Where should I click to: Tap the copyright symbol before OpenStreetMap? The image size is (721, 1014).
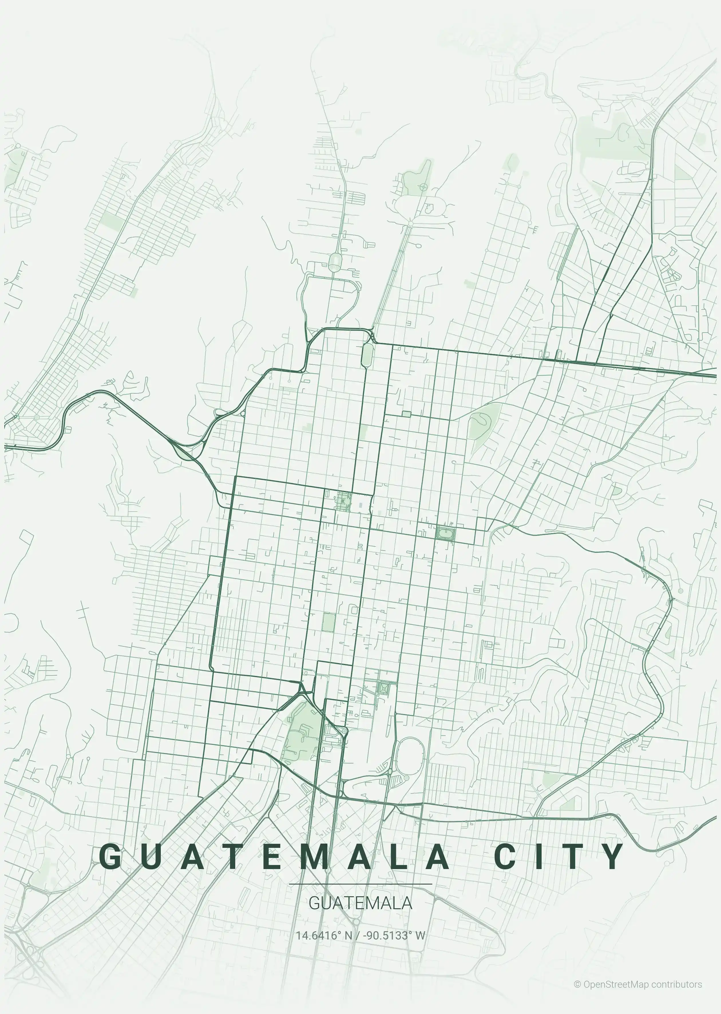click(x=577, y=981)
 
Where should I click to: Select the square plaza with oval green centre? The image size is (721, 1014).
click(x=445, y=533)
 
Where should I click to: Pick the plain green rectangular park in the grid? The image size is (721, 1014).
click(x=328, y=622)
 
